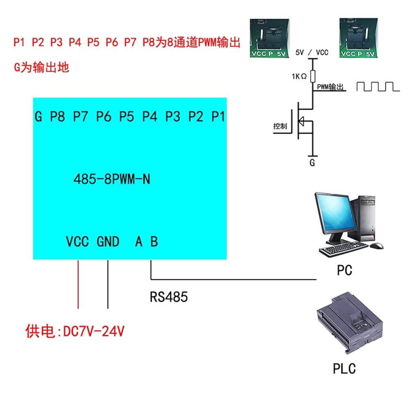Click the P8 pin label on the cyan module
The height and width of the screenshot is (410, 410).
57,116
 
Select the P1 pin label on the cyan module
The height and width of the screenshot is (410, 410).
218,116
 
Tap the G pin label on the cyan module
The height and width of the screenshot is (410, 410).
39,116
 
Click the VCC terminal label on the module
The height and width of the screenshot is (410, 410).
77,241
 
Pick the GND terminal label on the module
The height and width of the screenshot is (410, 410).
108,241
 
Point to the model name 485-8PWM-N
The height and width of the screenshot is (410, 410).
112,179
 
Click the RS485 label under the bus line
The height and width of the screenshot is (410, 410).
169,297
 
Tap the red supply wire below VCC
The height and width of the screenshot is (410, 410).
78,284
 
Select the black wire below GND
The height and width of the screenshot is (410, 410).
108,284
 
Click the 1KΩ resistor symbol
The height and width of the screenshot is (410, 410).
313,76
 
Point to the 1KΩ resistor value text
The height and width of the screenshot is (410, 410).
299,76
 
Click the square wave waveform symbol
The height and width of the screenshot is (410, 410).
378,87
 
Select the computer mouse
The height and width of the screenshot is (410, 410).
376,246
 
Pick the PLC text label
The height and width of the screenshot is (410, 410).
344,369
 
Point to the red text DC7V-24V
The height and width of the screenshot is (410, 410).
94,331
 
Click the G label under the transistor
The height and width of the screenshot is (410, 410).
312,163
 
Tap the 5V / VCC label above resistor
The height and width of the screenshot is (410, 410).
312,52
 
